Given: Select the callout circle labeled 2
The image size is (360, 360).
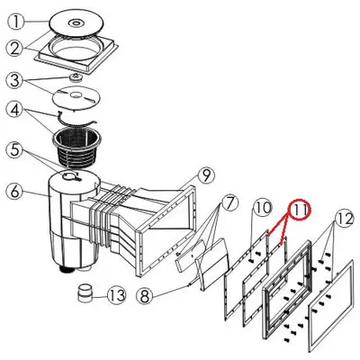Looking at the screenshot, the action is (x=15, y=49).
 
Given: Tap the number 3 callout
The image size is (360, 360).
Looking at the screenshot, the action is (x=14, y=80).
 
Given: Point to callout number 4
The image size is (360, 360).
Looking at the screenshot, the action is (x=15, y=110).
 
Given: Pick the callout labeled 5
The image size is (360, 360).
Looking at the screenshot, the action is (x=15, y=150).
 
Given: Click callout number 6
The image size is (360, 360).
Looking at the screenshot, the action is (x=15, y=191).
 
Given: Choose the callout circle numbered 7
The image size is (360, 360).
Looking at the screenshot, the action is (x=229, y=203).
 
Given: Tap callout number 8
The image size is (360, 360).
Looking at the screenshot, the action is (x=145, y=296).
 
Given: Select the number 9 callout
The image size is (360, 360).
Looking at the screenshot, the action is (x=206, y=175).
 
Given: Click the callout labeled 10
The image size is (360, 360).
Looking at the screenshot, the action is (x=263, y=208).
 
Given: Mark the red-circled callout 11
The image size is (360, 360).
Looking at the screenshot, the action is (x=301, y=210).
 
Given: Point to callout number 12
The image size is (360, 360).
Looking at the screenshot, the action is (x=345, y=220).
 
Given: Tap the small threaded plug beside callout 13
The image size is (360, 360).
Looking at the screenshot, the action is (x=84, y=293).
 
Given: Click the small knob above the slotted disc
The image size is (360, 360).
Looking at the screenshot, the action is (x=76, y=76).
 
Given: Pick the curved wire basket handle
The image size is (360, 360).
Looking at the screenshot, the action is (x=76, y=119).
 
